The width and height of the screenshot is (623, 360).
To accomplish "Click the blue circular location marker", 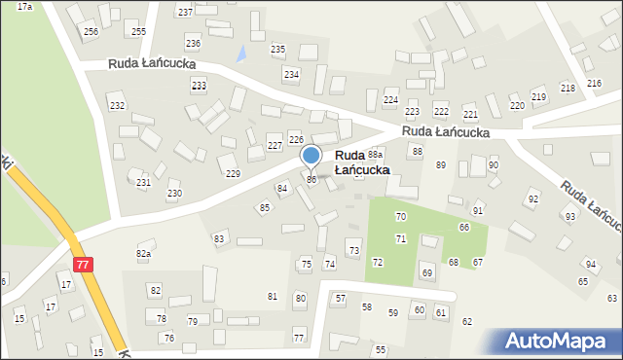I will tap(311, 156).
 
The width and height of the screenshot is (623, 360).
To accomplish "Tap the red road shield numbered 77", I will tap(84, 264).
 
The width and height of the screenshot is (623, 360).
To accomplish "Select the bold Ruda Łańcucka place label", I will tap(362, 162).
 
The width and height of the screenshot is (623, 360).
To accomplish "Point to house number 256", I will tap(91, 32).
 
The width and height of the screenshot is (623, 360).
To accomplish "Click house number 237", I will tap(185, 12).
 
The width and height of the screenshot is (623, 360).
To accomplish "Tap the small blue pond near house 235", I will tap(240, 54).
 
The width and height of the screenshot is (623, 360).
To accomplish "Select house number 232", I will tap(117, 105).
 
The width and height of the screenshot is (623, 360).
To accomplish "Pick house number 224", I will tap(390, 100).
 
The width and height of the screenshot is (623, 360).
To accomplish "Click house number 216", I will tap(594, 85).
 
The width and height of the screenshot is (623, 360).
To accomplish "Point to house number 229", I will tap(233, 173).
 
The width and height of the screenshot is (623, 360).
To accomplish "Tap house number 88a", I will tap(376, 154).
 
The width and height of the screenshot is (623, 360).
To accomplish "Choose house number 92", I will tap(532, 198).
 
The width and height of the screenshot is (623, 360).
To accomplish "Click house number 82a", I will tap(144, 254).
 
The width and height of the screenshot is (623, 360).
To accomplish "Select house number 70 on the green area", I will tap(400, 216).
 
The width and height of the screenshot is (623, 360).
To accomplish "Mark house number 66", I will tap(464, 227).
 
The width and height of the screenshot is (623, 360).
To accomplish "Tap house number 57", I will tap(340, 298).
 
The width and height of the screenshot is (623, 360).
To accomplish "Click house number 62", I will tap(467, 321).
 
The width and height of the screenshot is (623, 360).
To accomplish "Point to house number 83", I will tap(219, 238).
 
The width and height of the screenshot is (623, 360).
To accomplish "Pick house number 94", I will tap(590, 264).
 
